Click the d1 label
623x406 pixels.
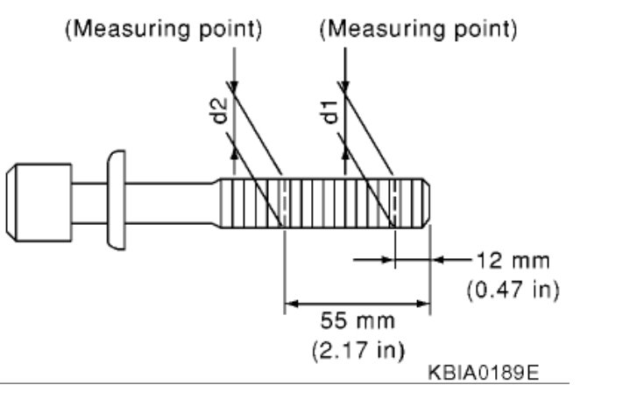(x=331, y=111)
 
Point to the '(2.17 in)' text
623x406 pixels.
(x=358, y=351)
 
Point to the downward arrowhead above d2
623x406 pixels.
(x=234, y=81)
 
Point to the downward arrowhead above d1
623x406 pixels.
(x=345, y=81)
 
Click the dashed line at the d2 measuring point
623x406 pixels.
(x=283, y=202)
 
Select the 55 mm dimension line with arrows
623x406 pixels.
(x=358, y=304)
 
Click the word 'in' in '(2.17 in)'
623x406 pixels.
(x=386, y=351)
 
